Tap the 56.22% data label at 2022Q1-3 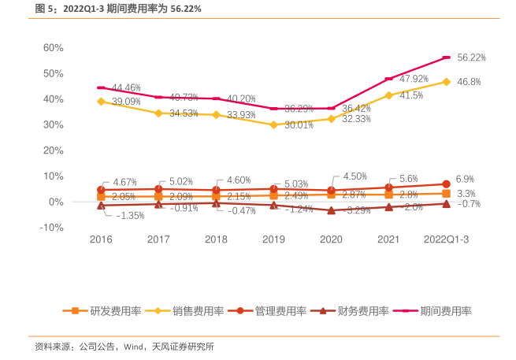[x=471, y=58]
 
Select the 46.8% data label [x=469, y=82]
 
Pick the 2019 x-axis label [x=273, y=239]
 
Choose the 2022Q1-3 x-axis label [x=446, y=239]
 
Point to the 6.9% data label [x=466, y=180]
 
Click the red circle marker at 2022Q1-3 [x=446, y=184]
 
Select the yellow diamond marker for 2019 [x=273, y=124]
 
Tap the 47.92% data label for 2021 [x=414, y=79]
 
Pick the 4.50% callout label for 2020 [x=355, y=176]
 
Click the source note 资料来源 [x=124, y=347]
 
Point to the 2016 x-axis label [x=101, y=239]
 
